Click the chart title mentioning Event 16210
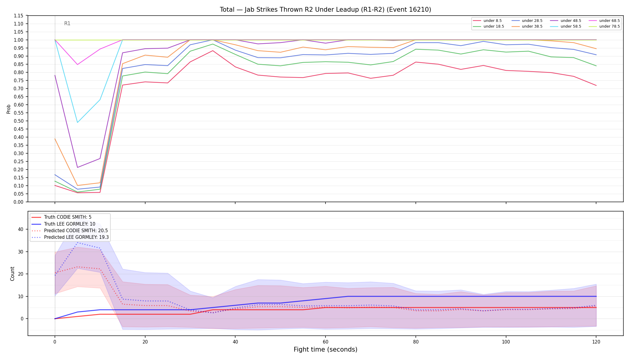[325, 10]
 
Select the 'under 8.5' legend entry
[487, 21]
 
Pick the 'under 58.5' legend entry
[565, 26]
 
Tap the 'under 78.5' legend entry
[604, 26]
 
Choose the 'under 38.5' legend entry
[526, 26]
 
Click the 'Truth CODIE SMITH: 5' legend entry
[61, 217]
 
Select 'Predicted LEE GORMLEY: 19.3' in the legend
[70, 237]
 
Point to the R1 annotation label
[67, 23]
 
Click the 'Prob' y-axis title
[8, 109]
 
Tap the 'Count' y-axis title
[12, 274]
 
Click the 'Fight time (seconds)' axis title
[325, 349]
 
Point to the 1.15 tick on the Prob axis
[19, 16]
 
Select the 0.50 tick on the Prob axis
[19, 121]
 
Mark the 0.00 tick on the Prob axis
[19, 202]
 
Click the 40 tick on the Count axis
[20, 229]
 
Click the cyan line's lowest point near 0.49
[77, 122]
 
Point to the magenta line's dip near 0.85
[77, 64]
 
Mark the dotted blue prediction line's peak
[77, 242]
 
